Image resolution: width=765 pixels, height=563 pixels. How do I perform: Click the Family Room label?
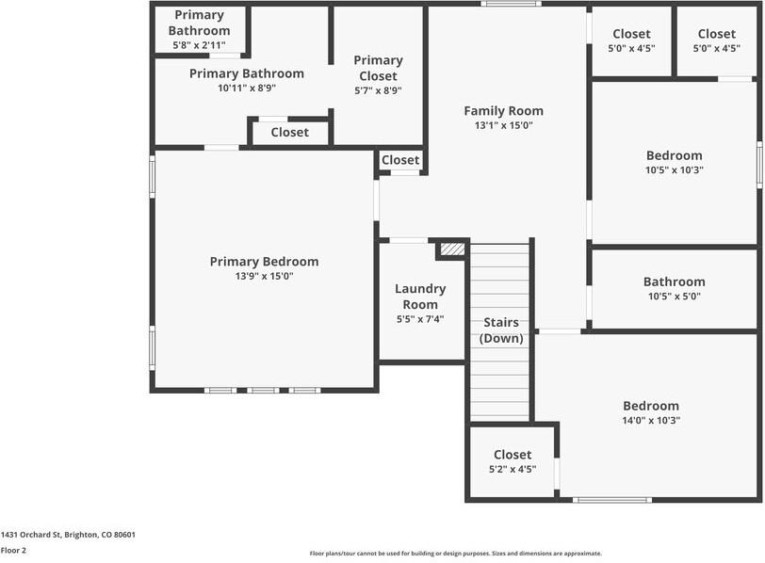[x=503, y=110]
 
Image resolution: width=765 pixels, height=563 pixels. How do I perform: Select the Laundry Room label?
[x=420, y=297]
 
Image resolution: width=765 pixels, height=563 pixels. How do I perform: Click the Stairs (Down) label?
[x=501, y=330]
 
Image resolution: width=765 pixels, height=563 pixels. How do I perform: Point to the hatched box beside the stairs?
[x=453, y=249]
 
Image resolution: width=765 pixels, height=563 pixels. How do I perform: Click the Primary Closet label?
[x=378, y=68]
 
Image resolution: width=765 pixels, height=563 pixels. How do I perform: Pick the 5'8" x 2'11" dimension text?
[x=200, y=45]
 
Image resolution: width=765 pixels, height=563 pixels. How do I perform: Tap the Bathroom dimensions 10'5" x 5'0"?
[x=674, y=297]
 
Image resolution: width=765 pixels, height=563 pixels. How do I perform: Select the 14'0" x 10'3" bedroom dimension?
[x=650, y=421]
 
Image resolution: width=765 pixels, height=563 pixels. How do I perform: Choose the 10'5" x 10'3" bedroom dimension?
[x=674, y=170]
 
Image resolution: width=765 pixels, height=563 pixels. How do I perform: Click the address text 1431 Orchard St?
[x=68, y=535]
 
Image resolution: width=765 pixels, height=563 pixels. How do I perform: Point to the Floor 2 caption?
[x=13, y=550]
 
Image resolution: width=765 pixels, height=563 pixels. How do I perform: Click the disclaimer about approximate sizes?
[x=456, y=554]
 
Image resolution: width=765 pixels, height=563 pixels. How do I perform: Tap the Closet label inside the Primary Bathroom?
[x=289, y=132]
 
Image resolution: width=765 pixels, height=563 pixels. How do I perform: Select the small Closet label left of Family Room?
[x=400, y=160]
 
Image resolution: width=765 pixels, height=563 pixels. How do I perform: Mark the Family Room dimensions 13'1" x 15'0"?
[x=503, y=125]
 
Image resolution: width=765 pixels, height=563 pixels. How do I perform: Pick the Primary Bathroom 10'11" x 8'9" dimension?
[x=246, y=88]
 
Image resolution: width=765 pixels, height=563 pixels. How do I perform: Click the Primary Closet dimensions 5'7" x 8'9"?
[x=378, y=90]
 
